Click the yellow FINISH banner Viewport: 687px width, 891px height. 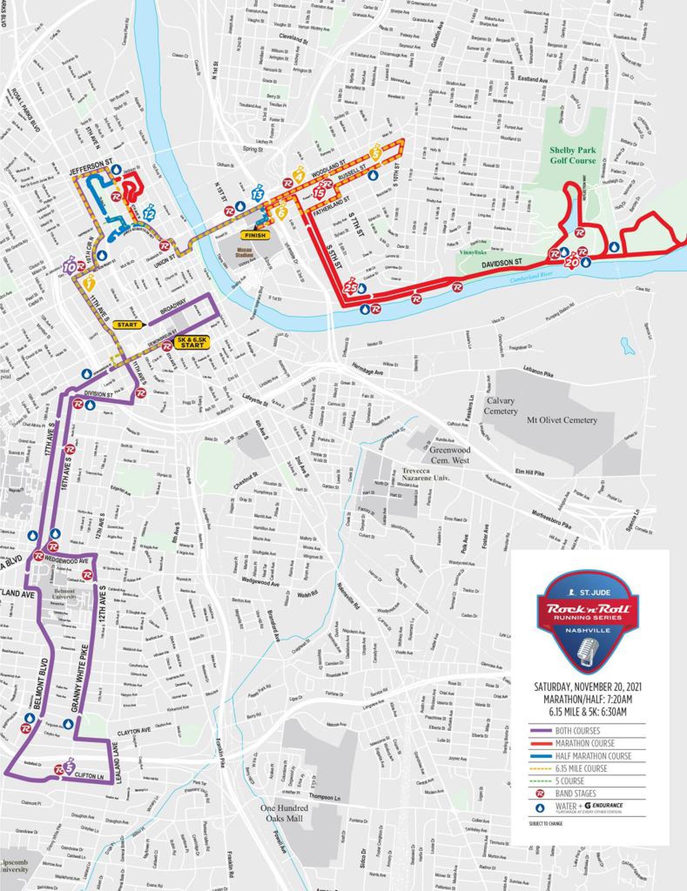(x=255, y=235)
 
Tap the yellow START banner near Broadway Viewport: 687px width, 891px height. (x=127, y=325)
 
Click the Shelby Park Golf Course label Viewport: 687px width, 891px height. (x=572, y=155)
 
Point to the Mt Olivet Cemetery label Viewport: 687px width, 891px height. (x=562, y=420)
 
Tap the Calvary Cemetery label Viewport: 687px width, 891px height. (x=501, y=405)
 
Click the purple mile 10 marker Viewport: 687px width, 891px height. (x=69, y=268)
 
